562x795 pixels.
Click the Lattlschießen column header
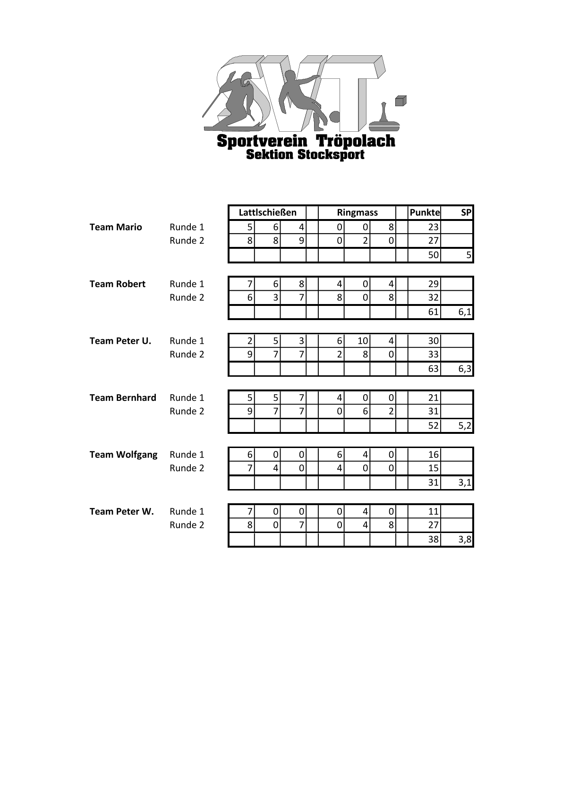click(x=267, y=212)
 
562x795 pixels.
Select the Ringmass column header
click(x=357, y=212)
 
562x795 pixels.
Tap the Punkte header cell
click(x=424, y=212)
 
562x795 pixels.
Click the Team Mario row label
click(x=116, y=227)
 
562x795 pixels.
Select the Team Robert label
click(x=118, y=284)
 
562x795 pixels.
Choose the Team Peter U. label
click(x=120, y=341)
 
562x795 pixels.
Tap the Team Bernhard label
click(x=123, y=397)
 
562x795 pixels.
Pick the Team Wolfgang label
click(x=123, y=455)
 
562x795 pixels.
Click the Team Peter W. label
click(x=122, y=511)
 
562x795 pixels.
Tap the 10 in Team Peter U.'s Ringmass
click(x=362, y=341)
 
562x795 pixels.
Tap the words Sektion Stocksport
click(x=305, y=154)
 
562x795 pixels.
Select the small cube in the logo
click(x=400, y=101)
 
